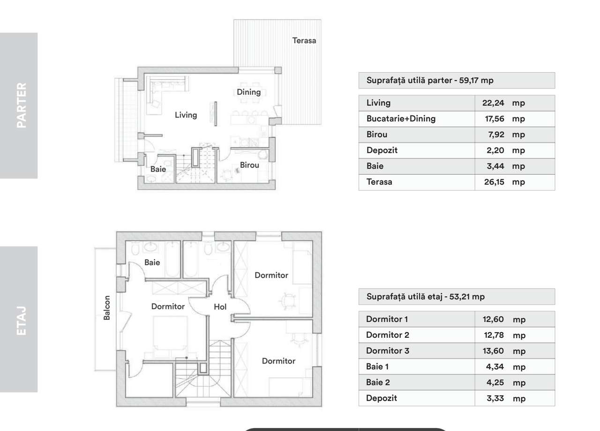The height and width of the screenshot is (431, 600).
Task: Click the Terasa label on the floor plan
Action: (304, 41)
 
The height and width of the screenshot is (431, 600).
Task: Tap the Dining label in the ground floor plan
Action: (248, 92)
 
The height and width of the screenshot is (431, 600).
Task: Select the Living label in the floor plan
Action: (186, 115)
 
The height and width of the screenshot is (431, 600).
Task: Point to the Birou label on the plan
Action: (249, 165)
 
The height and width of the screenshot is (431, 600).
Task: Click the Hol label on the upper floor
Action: (220, 307)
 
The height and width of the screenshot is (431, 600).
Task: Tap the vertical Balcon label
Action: (107, 307)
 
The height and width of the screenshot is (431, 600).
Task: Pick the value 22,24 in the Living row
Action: (493, 103)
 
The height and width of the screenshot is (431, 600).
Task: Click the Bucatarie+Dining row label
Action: (401, 119)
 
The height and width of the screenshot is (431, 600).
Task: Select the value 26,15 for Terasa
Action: (494, 182)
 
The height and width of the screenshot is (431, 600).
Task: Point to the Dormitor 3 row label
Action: (388, 351)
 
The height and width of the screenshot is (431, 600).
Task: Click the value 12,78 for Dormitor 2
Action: (493, 335)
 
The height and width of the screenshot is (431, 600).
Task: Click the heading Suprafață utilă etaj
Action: (425, 297)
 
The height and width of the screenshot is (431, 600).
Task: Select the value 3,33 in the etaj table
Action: (495, 399)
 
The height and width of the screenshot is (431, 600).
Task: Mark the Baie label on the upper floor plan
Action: (152, 263)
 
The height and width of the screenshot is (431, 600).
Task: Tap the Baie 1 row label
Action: (377, 367)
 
